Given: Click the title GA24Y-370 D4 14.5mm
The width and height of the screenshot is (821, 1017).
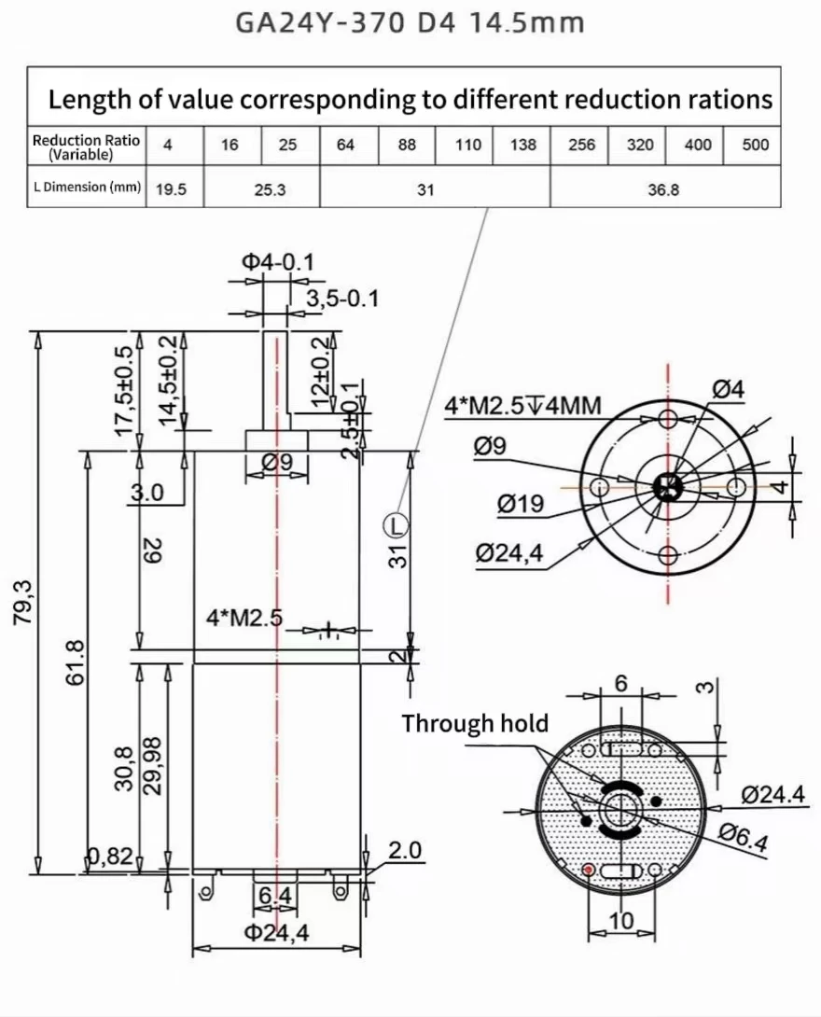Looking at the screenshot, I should point(410,21).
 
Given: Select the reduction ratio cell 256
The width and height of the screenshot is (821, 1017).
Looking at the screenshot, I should point(580,145).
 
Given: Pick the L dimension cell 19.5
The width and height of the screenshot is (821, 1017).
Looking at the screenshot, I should point(171,188).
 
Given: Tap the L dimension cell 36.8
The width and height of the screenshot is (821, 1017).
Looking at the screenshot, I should point(663,188).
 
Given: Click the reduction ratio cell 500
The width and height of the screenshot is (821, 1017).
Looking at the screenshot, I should point(755,145).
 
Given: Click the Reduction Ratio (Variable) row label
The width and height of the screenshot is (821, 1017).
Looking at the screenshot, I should point(86,145).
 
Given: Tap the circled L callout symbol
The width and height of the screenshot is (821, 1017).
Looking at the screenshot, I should point(397,525).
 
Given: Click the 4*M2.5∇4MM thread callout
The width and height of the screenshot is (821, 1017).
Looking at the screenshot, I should point(522,406).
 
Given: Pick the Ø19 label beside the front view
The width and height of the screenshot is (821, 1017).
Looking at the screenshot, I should point(520,504).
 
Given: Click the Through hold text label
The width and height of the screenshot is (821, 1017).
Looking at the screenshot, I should point(475,723).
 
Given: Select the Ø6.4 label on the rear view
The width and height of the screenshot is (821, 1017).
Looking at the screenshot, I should point(744,838).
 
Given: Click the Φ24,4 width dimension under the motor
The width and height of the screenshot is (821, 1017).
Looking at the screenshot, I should point(276,931).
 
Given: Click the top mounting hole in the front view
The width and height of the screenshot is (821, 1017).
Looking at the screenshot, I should point(667,415).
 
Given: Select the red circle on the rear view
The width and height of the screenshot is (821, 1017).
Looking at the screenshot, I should point(589,870).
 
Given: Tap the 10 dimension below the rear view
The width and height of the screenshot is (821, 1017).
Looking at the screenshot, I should point(620,921).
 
